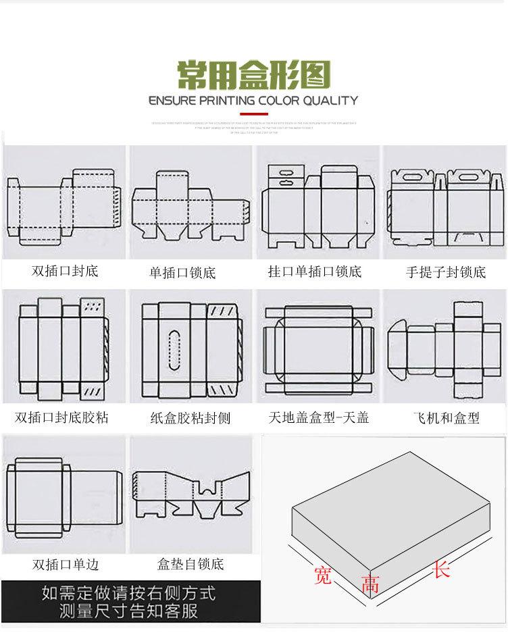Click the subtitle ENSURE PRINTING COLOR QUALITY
coord(253,101)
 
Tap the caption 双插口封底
coord(65,271)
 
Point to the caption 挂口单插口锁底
coord(315,272)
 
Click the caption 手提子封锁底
coord(446,273)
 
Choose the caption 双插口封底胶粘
coord(61,417)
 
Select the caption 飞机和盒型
coord(446,418)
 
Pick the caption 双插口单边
coord(65,564)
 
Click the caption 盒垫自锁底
coord(190,563)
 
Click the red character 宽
coord(323,576)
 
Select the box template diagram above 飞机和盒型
coord(446,351)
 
